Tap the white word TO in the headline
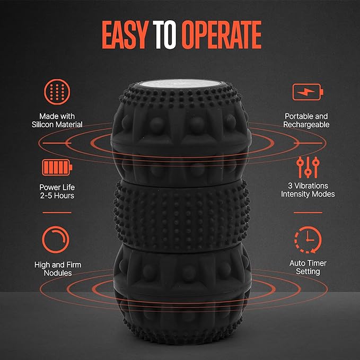click(167, 36)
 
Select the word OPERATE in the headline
click(222, 36)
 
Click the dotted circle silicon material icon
click(56, 92)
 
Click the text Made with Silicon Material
click(56, 120)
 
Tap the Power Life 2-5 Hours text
click(56, 191)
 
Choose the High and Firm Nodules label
click(56, 268)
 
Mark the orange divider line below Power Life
click(56, 212)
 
